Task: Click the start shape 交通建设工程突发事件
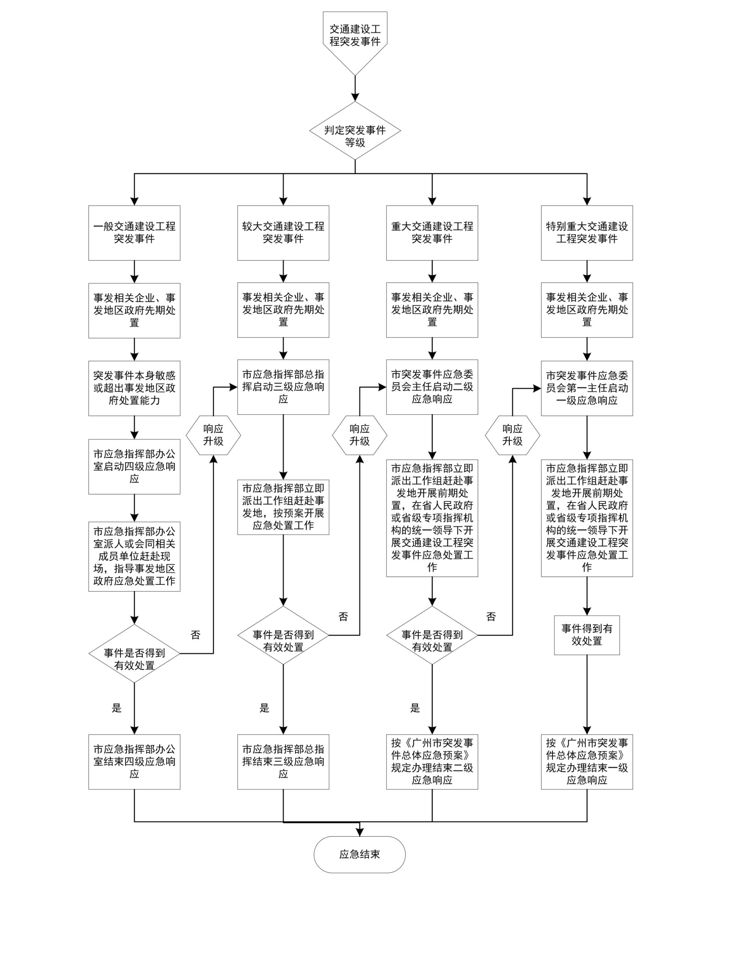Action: (x=355, y=36)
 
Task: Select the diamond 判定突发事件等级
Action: (x=355, y=130)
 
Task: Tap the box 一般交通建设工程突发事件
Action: (x=134, y=233)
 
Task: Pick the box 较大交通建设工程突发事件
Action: (x=283, y=233)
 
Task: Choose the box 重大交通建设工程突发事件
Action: (x=432, y=233)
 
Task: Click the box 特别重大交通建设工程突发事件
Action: (x=587, y=233)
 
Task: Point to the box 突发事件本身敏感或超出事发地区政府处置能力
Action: (x=134, y=388)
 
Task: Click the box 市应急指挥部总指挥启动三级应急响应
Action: (x=283, y=387)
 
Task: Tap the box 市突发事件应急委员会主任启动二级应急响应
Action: (x=432, y=387)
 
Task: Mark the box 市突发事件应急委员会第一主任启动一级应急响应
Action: (x=587, y=388)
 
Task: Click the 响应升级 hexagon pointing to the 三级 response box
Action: (x=213, y=435)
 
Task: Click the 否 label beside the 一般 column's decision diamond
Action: (x=195, y=635)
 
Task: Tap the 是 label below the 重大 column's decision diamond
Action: (x=415, y=708)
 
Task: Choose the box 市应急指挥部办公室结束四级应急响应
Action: (x=134, y=762)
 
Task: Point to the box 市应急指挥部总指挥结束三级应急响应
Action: (x=283, y=762)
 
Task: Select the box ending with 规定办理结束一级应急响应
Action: (x=587, y=762)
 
